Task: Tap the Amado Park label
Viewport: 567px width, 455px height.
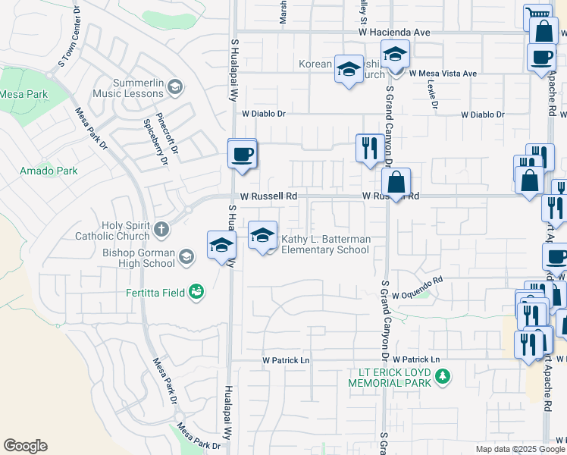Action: click(x=49, y=171)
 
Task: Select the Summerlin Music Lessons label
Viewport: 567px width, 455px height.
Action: click(x=127, y=88)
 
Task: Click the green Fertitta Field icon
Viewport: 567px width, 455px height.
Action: click(x=196, y=292)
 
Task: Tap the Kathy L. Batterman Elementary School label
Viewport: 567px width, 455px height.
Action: click(x=326, y=244)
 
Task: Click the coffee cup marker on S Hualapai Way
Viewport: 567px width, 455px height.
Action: click(x=243, y=154)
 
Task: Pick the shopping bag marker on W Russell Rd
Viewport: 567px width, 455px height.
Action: click(x=396, y=183)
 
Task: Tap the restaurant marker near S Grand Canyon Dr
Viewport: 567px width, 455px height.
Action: click(x=368, y=147)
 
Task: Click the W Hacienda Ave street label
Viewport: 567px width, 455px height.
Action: click(x=394, y=33)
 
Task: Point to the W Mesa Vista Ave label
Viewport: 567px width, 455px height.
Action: click(x=443, y=74)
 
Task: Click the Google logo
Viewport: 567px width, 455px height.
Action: click(x=25, y=446)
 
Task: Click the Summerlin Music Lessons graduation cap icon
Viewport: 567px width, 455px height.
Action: click(x=175, y=87)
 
